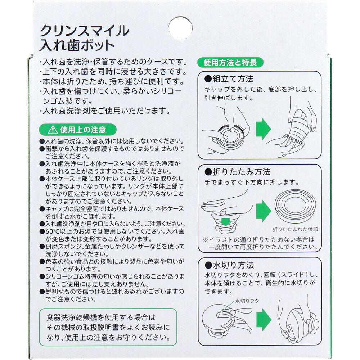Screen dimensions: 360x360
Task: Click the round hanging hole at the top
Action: (180, 28)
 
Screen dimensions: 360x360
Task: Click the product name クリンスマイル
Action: (85, 31)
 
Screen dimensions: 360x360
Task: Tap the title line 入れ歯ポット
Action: (77, 45)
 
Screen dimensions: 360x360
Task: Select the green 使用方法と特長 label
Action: (230, 62)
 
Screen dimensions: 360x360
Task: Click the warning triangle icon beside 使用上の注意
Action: (53, 130)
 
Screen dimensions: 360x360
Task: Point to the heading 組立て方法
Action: (229, 79)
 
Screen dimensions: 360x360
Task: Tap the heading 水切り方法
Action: (229, 265)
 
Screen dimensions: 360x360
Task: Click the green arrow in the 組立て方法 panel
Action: (264, 129)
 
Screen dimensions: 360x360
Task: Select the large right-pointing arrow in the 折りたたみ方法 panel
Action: (264, 211)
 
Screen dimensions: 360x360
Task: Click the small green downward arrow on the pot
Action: (225, 222)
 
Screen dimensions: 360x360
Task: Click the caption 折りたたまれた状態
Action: (295, 229)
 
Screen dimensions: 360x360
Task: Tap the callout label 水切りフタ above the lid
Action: (247, 301)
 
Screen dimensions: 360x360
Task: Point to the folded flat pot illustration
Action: (295, 206)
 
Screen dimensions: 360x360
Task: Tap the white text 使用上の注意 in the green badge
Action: (83, 130)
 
